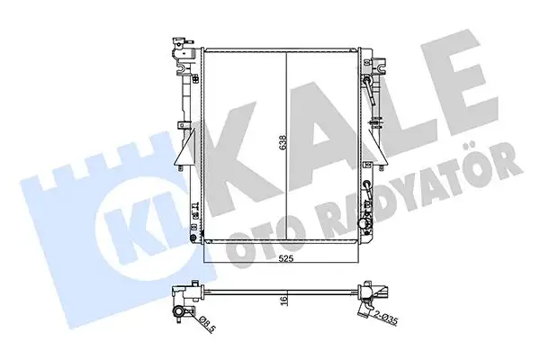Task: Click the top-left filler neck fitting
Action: (x=181, y=46)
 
